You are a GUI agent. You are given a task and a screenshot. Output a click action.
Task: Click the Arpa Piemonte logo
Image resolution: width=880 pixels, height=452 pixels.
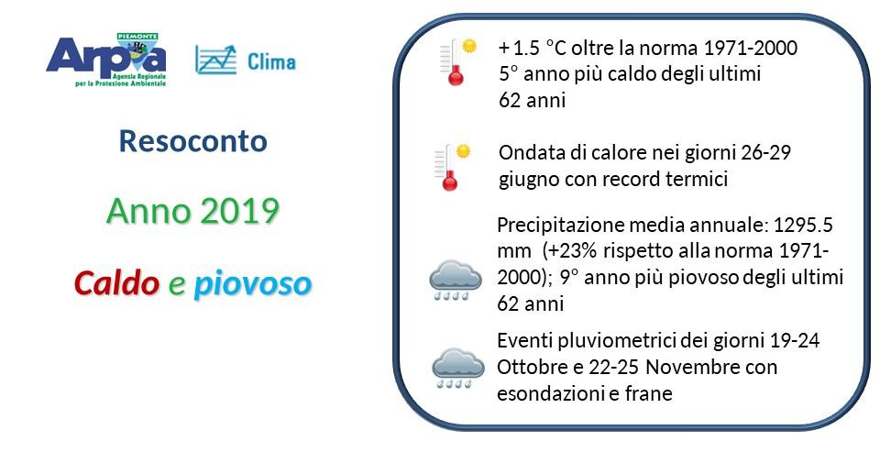106,61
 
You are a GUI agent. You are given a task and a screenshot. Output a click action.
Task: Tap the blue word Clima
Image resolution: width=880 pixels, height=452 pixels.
271,61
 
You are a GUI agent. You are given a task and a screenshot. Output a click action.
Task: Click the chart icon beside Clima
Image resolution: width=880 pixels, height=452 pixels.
216,61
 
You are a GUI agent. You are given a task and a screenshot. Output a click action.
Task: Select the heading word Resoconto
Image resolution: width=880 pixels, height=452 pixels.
193,141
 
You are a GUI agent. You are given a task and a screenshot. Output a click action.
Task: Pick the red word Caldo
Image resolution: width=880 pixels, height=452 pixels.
116,283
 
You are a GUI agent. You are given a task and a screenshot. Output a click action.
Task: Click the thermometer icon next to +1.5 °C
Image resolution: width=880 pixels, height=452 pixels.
458,61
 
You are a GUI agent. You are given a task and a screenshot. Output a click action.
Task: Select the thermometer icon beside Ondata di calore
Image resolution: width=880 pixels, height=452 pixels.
452,168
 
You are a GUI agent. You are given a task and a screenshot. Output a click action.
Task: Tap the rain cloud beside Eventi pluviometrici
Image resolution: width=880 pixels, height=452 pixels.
457,369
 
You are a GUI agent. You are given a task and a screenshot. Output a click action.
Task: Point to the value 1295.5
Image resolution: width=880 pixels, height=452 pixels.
803,226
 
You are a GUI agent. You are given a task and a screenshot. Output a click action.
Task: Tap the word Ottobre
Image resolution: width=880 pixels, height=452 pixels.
533,368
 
